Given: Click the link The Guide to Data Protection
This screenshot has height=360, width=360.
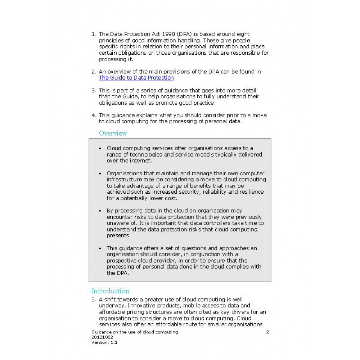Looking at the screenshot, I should point(136,78).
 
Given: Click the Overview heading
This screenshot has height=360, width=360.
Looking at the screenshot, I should point(113,133).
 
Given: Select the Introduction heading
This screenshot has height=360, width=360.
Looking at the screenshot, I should point(110,291).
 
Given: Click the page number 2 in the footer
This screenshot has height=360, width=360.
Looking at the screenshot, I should point(267,332).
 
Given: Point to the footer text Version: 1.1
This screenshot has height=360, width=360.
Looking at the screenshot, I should point(104,342).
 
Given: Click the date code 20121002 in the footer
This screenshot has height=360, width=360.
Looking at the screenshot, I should point(102,337).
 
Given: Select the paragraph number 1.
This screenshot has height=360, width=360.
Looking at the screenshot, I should point(93,34).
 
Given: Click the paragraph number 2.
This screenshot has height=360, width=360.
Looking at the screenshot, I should point(93,72).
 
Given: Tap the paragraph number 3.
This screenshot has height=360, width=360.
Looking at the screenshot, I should point(93,90).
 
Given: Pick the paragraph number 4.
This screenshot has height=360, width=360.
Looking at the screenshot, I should point(93,115).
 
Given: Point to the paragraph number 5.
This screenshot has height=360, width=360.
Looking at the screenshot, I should point(93,300).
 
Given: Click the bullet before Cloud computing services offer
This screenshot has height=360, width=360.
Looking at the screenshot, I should point(100,148).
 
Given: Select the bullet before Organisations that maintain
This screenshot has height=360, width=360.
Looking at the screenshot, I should point(100,174).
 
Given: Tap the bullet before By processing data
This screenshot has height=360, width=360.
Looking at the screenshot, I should point(100,211).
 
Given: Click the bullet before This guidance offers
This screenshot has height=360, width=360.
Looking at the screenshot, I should point(100,248).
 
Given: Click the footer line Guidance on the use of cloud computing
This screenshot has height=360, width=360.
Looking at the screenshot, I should point(135,332).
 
